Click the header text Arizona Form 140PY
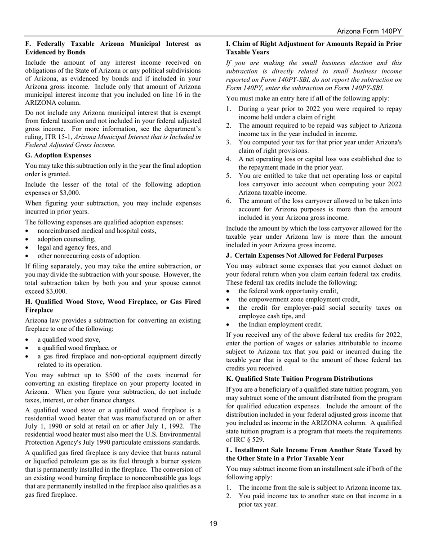(369, 31)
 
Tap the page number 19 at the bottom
(213, 523)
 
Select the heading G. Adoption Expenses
(58, 155)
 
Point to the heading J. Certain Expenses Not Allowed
(304, 255)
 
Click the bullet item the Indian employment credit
(280, 324)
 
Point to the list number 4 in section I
(228, 159)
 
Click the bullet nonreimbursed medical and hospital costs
(97, 231)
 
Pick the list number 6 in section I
(228, 201)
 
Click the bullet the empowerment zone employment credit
(298, 299)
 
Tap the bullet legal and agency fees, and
(74, 247)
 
